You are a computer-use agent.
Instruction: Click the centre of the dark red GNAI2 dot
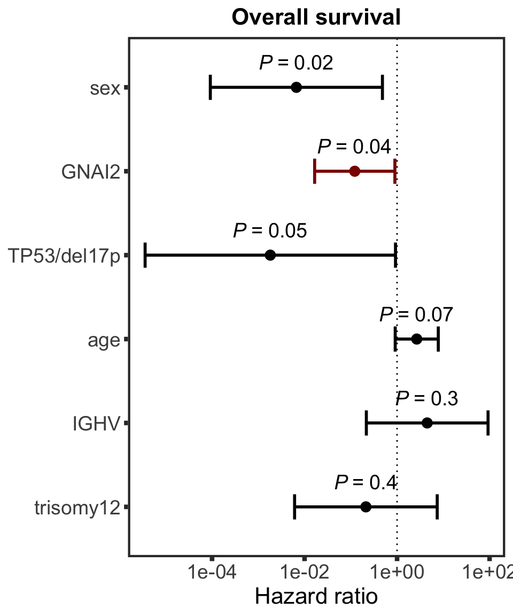(354, 171)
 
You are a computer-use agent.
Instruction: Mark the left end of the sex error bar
(211, 87)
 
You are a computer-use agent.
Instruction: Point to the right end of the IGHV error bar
(488, 423)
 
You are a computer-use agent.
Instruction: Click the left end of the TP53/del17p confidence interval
(145, 256)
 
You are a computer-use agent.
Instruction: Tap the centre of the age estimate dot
(416, 339)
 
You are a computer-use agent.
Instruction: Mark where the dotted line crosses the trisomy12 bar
(397, 507)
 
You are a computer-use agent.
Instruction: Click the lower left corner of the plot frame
(129, 556)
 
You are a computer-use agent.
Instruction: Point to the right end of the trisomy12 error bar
(437, 507)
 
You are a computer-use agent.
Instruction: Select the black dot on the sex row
(297, 87)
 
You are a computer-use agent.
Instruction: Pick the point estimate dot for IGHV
(427, 423)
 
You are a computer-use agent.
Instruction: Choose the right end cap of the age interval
(438, 339)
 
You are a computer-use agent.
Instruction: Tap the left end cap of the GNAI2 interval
(315, 171)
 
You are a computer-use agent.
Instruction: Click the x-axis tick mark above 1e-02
(304, 559)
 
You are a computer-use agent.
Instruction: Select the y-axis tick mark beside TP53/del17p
(127, 256)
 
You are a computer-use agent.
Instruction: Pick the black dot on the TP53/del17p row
(270, 256)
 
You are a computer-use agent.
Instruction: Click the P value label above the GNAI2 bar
(354, 147)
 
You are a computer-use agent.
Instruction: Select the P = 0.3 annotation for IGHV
(426, 399)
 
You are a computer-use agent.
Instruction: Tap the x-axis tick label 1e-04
(212, 572)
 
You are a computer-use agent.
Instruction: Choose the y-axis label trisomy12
(77, 508)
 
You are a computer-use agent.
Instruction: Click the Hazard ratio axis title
(316, 596)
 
